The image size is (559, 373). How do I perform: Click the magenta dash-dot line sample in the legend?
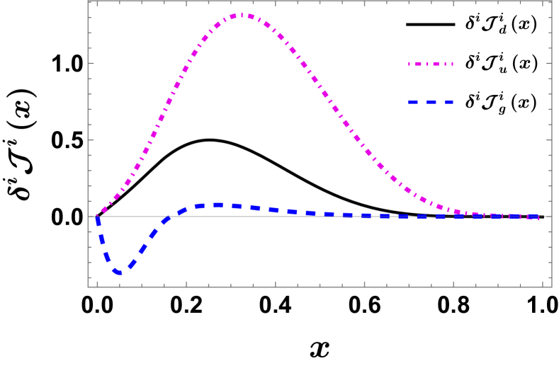[x=430, y=64]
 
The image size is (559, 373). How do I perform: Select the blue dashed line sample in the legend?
[x=430, y=103]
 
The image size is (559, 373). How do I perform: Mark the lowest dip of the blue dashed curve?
[x=119, y=272]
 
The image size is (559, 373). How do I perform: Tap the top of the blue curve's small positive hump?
[x=217, y=205]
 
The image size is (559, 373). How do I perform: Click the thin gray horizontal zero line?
[x=319, y=216]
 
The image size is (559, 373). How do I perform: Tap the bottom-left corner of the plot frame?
[x=89, y=287]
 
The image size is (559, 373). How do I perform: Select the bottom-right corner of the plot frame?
[x=550, y=287]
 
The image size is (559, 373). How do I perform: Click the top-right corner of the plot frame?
[x=550, y=1]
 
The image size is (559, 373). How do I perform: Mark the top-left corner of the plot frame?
[x=89, y=1]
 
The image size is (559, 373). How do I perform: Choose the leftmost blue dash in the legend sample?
[x=412, y=103]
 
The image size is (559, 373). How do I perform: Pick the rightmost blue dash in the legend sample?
[x=448, y=103]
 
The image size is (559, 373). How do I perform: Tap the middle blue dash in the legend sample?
[x=431, y=103]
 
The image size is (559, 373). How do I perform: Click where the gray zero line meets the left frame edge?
[x=89, y=216]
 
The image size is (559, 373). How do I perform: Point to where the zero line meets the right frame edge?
[x=550, y=216]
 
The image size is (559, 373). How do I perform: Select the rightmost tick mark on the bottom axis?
[x=542, y=284]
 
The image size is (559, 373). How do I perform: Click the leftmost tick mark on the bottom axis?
[x=97, y=284]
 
